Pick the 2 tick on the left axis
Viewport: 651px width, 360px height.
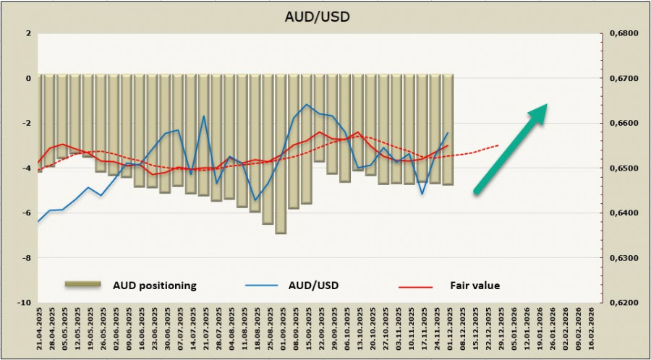point(27,33)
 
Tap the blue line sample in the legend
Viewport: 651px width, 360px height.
point(262,286)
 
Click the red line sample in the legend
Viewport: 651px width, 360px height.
point(415,286)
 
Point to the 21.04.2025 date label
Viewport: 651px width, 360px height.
point(39,329)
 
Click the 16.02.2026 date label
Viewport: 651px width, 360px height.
point(592,329)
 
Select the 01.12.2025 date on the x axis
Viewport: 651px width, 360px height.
point(449,329)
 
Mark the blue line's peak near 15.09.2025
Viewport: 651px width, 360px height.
point(307,105)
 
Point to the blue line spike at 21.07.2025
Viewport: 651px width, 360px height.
point(204,116)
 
